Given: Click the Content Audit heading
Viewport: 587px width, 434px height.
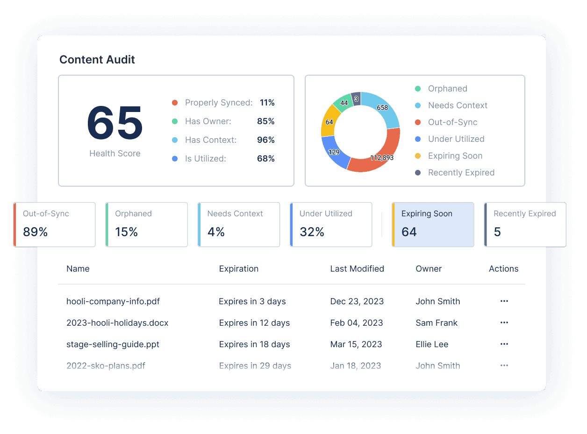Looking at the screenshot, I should [97, 60].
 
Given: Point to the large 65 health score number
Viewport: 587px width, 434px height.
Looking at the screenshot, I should [115, 123].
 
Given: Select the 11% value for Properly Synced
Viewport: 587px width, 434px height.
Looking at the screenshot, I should [267, 103].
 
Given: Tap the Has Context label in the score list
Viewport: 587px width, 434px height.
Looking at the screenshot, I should [210, 140].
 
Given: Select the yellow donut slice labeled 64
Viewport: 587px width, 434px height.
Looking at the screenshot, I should [329, 122].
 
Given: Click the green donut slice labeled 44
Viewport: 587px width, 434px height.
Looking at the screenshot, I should [344, 102].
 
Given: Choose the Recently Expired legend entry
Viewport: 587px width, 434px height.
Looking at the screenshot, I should [461, 173].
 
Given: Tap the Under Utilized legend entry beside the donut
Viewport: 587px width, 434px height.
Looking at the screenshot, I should [456, 139].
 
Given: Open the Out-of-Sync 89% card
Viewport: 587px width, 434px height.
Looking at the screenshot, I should [55, 224].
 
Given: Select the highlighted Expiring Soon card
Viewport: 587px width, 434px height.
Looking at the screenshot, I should [433, 224].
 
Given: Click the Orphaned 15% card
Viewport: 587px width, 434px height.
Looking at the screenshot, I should [147, 224].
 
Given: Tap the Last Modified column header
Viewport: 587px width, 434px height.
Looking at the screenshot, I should [357, 269].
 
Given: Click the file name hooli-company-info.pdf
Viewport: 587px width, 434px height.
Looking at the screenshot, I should [113, 301].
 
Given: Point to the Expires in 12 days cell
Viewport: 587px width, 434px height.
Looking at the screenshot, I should [254, 323].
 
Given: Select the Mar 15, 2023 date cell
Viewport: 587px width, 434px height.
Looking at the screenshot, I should [356, 344].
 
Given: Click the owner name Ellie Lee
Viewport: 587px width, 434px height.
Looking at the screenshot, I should [432, 344].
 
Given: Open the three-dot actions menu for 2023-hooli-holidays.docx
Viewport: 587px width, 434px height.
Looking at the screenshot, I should [504, 323].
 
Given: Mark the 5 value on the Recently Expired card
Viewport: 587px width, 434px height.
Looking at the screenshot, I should [497, 232].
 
